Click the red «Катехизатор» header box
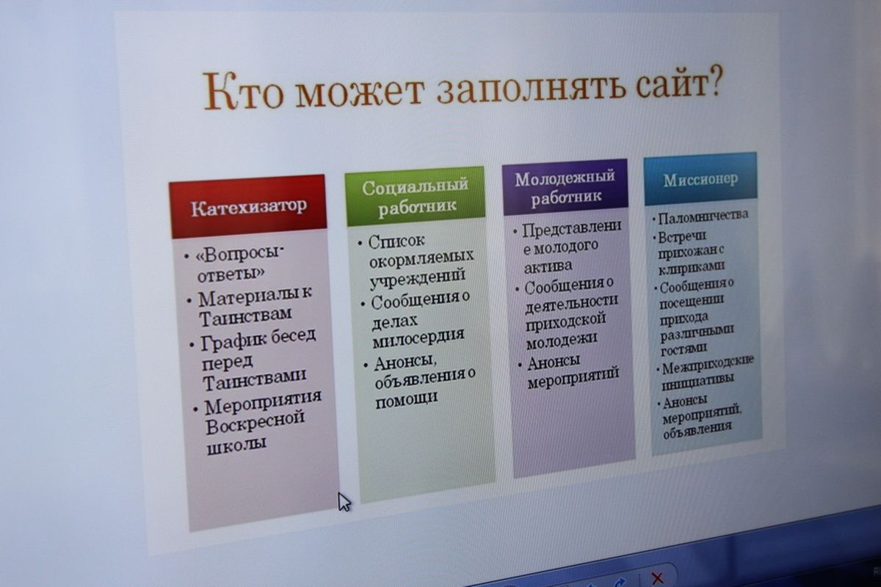pos(249,206)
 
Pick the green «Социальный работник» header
pos(415,196)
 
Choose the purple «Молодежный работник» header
pos(565,187)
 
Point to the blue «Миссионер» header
pos(700,179)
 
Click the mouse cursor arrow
pos(344,502)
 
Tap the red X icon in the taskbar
pos(656,578)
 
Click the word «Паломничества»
pos(703,216)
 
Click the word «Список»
pos(396,241)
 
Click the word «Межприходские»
pos(708,366)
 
